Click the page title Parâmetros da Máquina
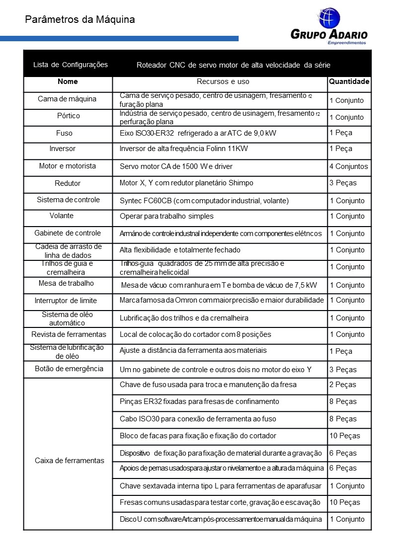[x=79, y=20]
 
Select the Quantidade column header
[x=349, y=81]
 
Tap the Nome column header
[x=68, y=81]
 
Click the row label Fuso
[x=65, y=133]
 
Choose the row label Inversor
[x=63, y=149]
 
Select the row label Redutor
[x=68, y=183]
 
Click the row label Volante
[x=62, y=216]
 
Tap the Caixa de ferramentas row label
[x=70, y=460]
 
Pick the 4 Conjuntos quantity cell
[x=349, y=166]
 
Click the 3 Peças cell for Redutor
[x=343, y=183]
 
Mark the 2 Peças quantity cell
[x=343, y=385]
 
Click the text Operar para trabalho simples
[x=166, y=216]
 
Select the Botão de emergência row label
[x=69, y=369]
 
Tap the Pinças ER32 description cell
[x=199, y=401]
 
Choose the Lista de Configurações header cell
[x=70, y=65]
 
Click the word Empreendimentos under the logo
[x=347, y=43]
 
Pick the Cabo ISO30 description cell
[x=198, y=419]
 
